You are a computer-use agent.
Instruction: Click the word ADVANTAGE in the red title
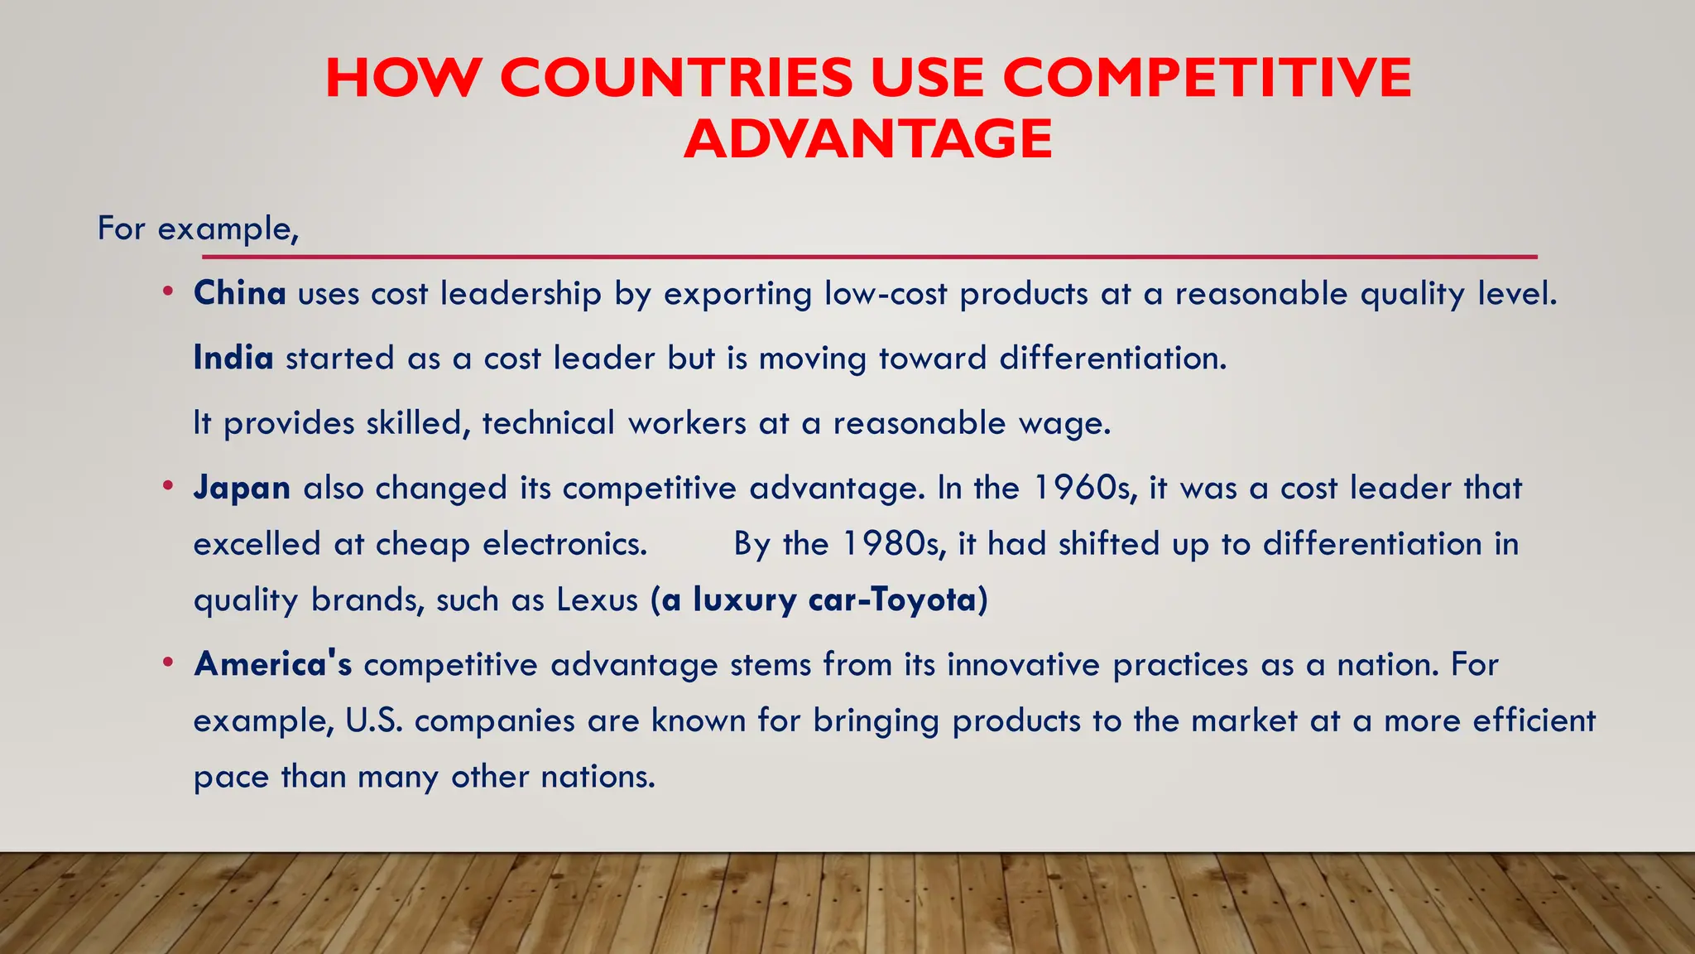(x=868, y=138)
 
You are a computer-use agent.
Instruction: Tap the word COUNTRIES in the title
(x=676, y=78)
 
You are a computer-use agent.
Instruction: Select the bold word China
(x=240, y=293)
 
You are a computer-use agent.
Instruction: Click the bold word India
(x=233, y=358)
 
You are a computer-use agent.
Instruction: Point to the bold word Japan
(x=242, y=488)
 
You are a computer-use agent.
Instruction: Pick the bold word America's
(x=273, y=664)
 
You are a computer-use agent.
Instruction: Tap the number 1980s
(x=895, y=544)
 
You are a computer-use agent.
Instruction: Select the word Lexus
(x=597, y=600)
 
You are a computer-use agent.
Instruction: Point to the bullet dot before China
(x=168, y=291)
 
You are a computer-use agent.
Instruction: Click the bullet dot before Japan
(x=168, y=485)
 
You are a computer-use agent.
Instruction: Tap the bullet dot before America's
(x=168, y=662)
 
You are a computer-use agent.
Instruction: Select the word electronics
(x=564, y=544)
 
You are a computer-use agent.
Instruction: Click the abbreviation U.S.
(x=374, y=720)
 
